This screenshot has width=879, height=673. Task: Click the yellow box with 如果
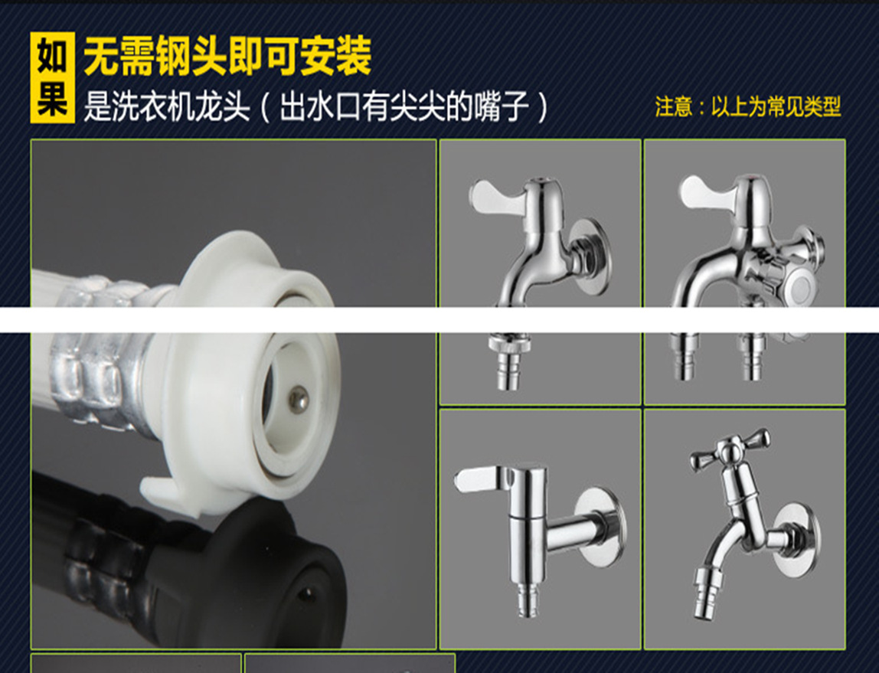(52, 77)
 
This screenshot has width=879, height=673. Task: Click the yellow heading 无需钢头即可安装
(228, 55)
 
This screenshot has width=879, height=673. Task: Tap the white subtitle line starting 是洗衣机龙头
(316, 106)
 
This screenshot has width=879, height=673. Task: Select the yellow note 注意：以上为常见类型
(748, 106)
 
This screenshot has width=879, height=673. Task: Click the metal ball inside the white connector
(299, 400)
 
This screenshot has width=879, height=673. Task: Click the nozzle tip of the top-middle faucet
(508, 372)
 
